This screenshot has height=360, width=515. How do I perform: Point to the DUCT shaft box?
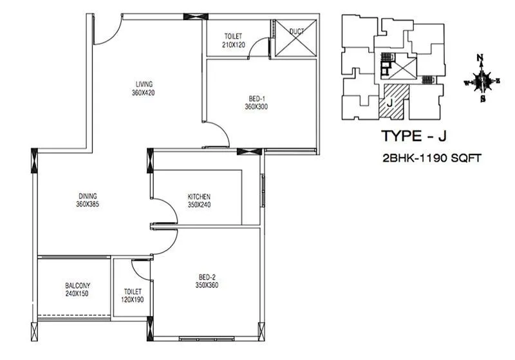click(296, 39)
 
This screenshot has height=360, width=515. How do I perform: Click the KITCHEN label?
click(199, 196)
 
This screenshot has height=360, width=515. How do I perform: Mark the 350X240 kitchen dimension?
click(199, 205)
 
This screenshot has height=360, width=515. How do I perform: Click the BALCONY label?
click(77, 285)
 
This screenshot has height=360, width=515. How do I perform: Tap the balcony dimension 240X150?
click(77, 294)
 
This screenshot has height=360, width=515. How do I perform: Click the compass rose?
click(481, 81)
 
